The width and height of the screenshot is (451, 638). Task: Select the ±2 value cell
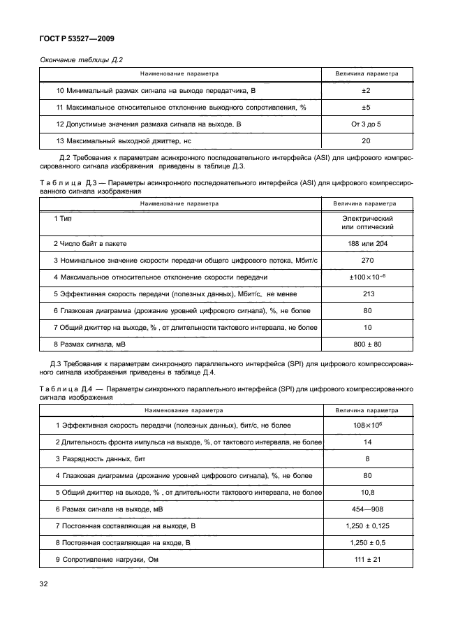tap(366, 92)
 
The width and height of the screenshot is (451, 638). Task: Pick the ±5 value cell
tap(366, 108)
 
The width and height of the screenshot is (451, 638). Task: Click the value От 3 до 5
tap(366, 124)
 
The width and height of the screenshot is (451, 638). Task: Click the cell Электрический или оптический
tap(366, 223)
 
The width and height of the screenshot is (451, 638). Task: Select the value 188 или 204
tap(366, 244)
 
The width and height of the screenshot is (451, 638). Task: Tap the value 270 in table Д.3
tap(366, 261)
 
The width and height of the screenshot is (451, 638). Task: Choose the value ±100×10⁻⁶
tap(366, 277)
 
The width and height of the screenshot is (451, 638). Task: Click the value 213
tap(366, 294)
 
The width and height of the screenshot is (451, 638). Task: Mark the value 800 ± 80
tap(366, 345)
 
